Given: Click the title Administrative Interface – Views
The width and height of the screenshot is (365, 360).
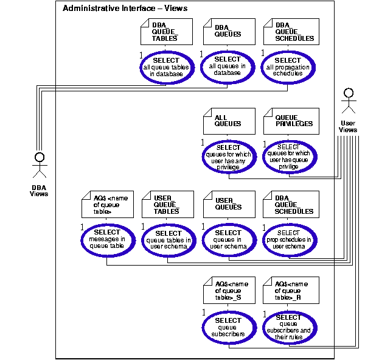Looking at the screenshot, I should pyautogui.click(x=125, y=9).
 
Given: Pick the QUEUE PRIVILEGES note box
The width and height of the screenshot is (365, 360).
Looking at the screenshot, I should pyautogui.click(x=289, y=120).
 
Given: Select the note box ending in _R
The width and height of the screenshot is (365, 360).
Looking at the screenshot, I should pyautogui.click(x=289, y=291).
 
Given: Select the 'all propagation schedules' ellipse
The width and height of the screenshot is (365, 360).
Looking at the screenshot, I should pyautogui.click(x=289, y=67).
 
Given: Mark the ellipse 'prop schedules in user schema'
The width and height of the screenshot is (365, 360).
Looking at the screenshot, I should pyautogui.click(x=289, y=240).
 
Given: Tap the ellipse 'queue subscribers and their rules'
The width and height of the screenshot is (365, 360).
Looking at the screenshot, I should pyautogui.click(x=289, y=328).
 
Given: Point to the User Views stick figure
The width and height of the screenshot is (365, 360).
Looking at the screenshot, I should pyautogui.click(x=348, y=102).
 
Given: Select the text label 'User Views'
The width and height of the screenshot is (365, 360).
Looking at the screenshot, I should pyautogui.click(x=348, y=126).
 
